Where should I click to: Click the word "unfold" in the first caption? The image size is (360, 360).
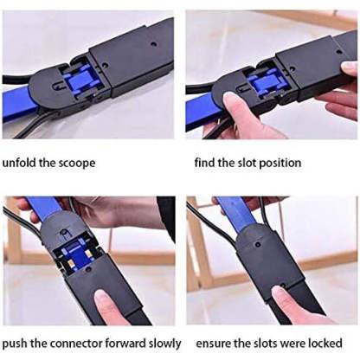(x=20, y=163)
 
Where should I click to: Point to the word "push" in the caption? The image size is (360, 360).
(x=16, y=341)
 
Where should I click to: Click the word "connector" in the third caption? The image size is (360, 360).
(x=75, y=341)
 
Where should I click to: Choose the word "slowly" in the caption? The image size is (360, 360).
(x=160, y=341)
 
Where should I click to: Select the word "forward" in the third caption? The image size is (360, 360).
(x=123, y=341)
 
